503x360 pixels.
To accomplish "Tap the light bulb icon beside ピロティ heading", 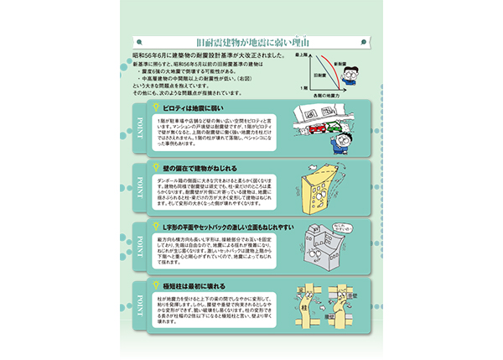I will pyautogui.click(x=154, y=108).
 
